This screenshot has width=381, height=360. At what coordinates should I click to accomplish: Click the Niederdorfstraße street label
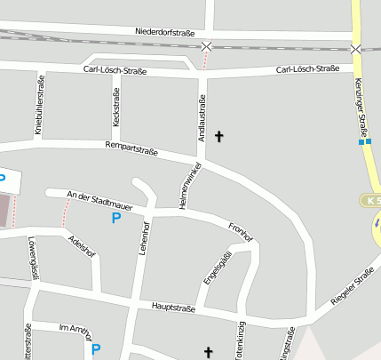point(165,32)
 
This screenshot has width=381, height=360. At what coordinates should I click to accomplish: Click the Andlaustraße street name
point(203,117)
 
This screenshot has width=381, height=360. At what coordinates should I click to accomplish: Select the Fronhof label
point(241,231)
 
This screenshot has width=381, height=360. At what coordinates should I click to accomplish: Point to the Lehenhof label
point(142,239)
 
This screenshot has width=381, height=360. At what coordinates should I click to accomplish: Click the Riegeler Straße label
point(352,290)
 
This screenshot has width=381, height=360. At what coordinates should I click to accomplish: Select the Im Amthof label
point(75,330)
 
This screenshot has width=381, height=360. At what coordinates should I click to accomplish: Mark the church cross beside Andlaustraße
point(218,137)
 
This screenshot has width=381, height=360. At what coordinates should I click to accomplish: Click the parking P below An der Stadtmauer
point(115,218)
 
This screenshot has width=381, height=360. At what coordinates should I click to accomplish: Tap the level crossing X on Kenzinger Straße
point(356,49)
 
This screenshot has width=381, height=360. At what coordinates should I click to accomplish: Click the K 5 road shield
point(371,201)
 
